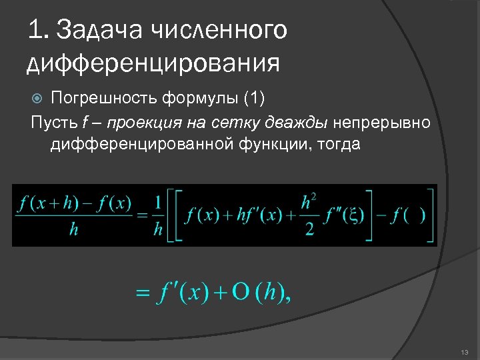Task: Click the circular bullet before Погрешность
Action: click(x=38, y=99)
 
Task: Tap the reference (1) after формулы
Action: click(x=254, y=99)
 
